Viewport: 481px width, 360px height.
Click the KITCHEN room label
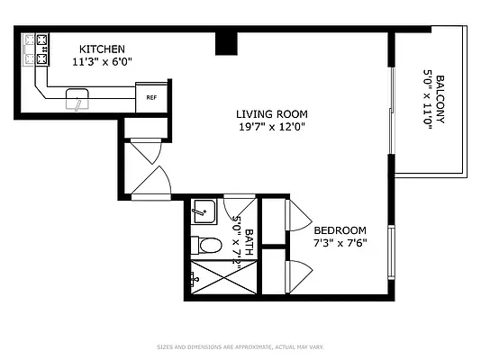pos(101,49)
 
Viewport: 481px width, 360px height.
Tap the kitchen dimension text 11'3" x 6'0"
pos(101,61)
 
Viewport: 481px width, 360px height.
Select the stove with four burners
pos(35,50)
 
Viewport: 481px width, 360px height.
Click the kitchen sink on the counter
pos(77,98)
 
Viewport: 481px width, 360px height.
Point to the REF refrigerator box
pos(151,95)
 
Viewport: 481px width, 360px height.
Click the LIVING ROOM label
pos(272,114)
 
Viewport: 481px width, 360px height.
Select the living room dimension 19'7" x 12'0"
pos(272,127)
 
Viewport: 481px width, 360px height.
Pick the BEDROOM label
pos(340,229)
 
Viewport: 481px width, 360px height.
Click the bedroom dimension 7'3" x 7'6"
pos(340,242)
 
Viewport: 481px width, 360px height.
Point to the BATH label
pos(248,240)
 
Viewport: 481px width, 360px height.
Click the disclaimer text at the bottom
pos(240,345)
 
